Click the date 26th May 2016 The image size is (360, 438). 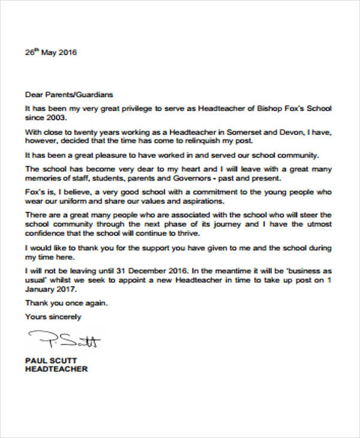[51, 53]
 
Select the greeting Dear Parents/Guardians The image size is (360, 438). [68, 95]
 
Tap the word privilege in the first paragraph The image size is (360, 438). [134, 108]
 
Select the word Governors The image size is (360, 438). [186, 179]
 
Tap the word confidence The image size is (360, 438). [46, 234]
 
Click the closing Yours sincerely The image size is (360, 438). [52, 316]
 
